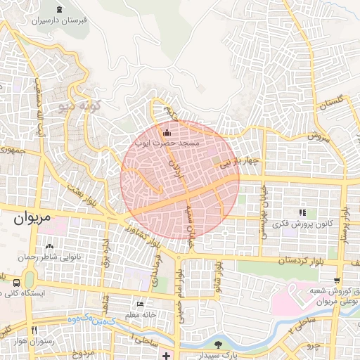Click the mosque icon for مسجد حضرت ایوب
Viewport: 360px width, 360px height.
coord(166,133)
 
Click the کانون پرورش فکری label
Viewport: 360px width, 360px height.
coord(302,224)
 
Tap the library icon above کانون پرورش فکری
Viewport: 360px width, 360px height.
coord(302,212)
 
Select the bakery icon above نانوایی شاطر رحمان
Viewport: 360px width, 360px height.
coord(49,247)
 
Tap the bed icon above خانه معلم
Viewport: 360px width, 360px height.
coord(140,304)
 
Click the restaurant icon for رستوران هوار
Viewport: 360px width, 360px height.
coord(33,329)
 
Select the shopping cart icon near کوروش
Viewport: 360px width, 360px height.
coord(339,280)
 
